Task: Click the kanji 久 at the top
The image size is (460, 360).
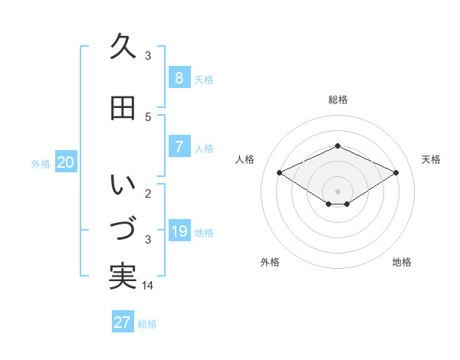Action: click(123, 47)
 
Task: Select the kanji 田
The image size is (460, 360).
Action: click(123, 108)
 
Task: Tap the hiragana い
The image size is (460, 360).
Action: click(123, 185)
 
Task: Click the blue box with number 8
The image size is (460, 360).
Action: click(179, 78)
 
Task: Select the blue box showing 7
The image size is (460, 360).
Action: click(179, 147)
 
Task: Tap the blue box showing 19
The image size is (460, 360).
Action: click(179, 231)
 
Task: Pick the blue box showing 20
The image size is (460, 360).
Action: click(66, 162)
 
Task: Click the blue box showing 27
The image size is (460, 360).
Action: click(123, 322)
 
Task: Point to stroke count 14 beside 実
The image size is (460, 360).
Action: click(149, 286)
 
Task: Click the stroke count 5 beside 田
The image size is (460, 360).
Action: click(148, 117)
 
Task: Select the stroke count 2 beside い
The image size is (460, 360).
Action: click(148, 194)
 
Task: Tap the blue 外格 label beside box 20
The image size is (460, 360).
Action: click(41, 163)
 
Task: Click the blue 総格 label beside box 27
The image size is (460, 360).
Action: click(147, 324)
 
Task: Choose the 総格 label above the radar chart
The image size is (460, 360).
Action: click(337, 100)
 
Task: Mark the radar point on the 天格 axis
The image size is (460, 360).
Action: click(396, 173)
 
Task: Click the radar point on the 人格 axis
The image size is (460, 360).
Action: click(280, 173)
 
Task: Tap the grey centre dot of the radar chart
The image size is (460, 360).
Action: click(337, 191)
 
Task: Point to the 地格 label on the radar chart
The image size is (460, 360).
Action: click(402, 262)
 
